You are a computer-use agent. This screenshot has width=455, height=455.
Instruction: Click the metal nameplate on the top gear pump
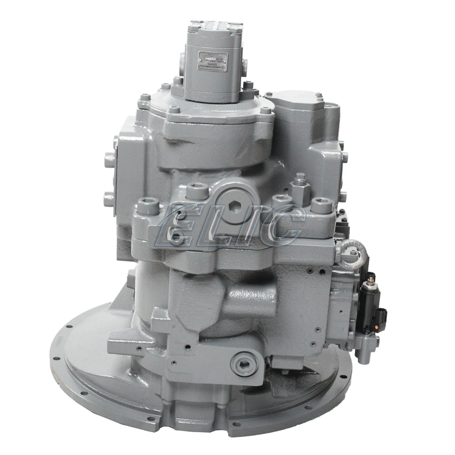coord(213,61)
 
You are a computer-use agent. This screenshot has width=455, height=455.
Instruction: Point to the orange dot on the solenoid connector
coord(373,326)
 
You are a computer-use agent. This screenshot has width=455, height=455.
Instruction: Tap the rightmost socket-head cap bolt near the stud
coord(322,204)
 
